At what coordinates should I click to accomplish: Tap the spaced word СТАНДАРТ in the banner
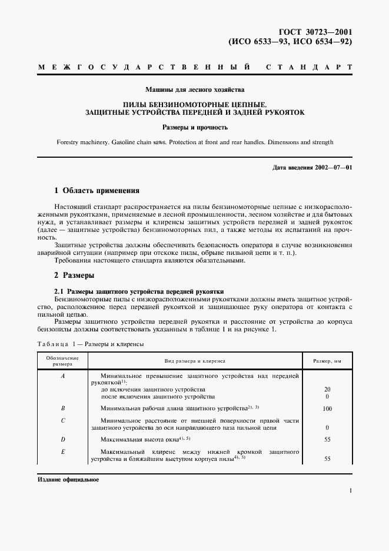[x=309, y=68]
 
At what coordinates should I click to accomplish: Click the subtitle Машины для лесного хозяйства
[x=195, y=90]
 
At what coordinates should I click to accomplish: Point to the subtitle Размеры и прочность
[x=195, y=127]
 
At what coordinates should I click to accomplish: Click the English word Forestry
[x=70, y=142]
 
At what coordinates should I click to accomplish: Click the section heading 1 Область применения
[x=97, y=191]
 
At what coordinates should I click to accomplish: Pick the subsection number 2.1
[x=59, y=291]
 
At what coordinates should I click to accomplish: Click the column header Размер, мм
[x=327, y=360]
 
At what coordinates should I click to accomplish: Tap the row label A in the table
[x=62, y=376]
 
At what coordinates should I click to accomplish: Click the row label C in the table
[x=62, y=421]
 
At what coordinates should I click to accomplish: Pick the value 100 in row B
[x=327, y=408]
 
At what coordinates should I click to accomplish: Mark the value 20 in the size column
[x=327, y=389]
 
